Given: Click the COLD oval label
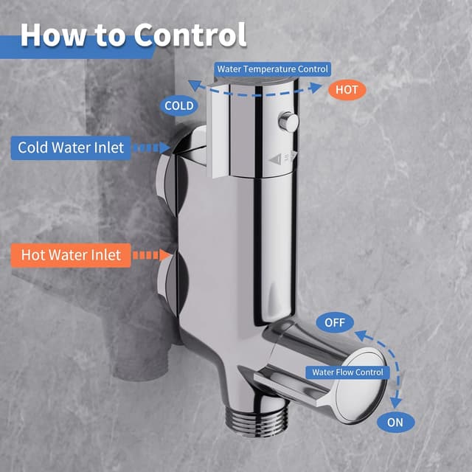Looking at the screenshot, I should [179, 106].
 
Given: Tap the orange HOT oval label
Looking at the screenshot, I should [345, 89].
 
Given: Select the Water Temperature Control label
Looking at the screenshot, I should [273, 69].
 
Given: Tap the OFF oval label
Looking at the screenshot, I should [335, 322].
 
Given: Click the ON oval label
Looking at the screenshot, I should [395, 423].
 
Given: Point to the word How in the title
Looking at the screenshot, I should [51, 35].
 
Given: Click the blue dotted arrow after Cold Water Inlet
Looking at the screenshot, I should [153, 147].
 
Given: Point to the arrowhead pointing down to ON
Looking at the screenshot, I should [396, 403].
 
